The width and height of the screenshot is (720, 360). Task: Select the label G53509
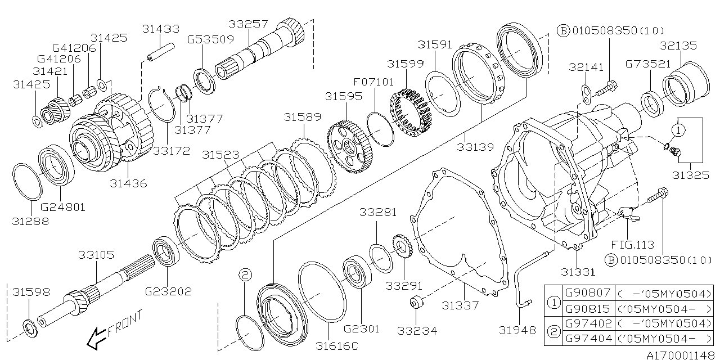click(210, 39)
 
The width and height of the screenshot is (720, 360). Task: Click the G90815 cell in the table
click(588, 309)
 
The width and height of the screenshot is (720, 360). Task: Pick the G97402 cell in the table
click(588, 323)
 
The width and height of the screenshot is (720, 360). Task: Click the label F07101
click(374, 82)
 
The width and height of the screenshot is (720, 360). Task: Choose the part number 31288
click(30, 221)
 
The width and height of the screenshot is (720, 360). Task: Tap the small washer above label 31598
click(29, 326)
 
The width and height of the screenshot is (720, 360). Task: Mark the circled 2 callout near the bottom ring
click(244, 274)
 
